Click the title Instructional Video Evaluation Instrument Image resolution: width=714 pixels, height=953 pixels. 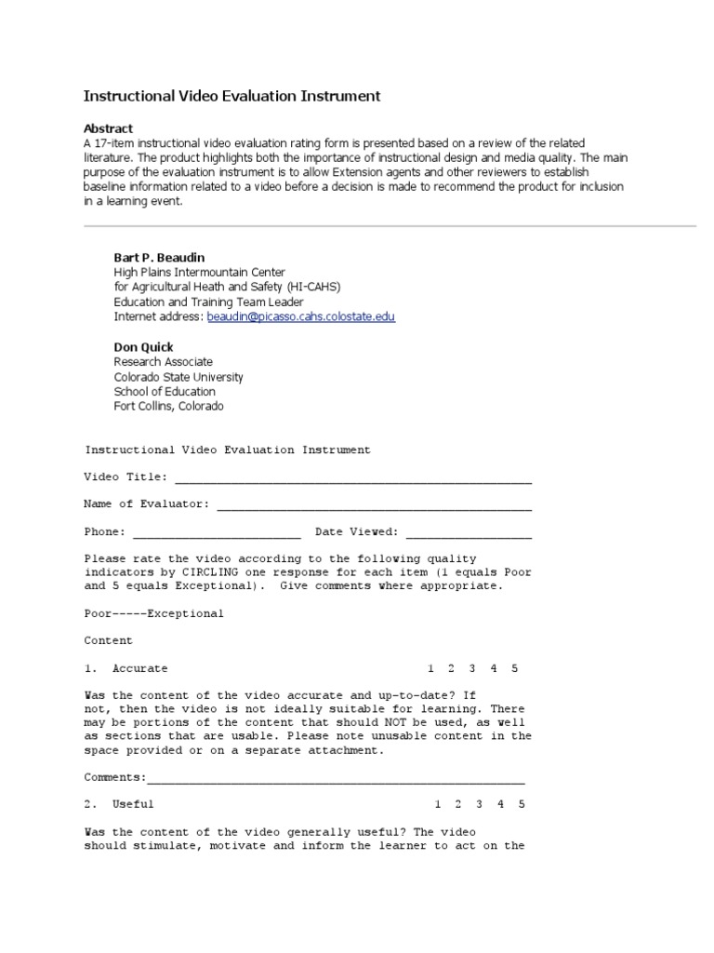pos(231,96)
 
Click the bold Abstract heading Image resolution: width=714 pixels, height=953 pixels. pos(108,128)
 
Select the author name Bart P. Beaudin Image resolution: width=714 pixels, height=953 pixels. pos(158,257)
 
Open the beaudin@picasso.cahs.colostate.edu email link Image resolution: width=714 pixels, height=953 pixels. pos(300,316)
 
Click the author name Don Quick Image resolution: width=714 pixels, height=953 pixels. pos(143,347)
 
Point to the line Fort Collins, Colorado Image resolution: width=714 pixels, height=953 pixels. pos(168,407)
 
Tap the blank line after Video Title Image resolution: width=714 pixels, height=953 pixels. pos(353,479)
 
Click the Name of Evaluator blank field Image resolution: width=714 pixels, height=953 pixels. pos(374,505)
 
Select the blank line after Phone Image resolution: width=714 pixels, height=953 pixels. pos(217,533)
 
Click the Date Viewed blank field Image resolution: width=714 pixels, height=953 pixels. pos(469,533)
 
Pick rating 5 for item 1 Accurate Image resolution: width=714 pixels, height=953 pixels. pos(515,669)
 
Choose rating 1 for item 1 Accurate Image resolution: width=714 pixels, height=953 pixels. pos(430,669)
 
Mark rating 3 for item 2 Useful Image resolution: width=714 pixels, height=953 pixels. pos(480,805)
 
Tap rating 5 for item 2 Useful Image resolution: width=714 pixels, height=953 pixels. pos(522,805)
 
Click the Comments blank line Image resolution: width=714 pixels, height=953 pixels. pos(336,778)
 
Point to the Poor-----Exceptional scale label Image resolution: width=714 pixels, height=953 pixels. pos(153,614)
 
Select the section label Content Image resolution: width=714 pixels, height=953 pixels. pos(108,641)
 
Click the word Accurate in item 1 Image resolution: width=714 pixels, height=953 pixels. pos(139,669)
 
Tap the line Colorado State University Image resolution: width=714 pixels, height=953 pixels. pos(178,377)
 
